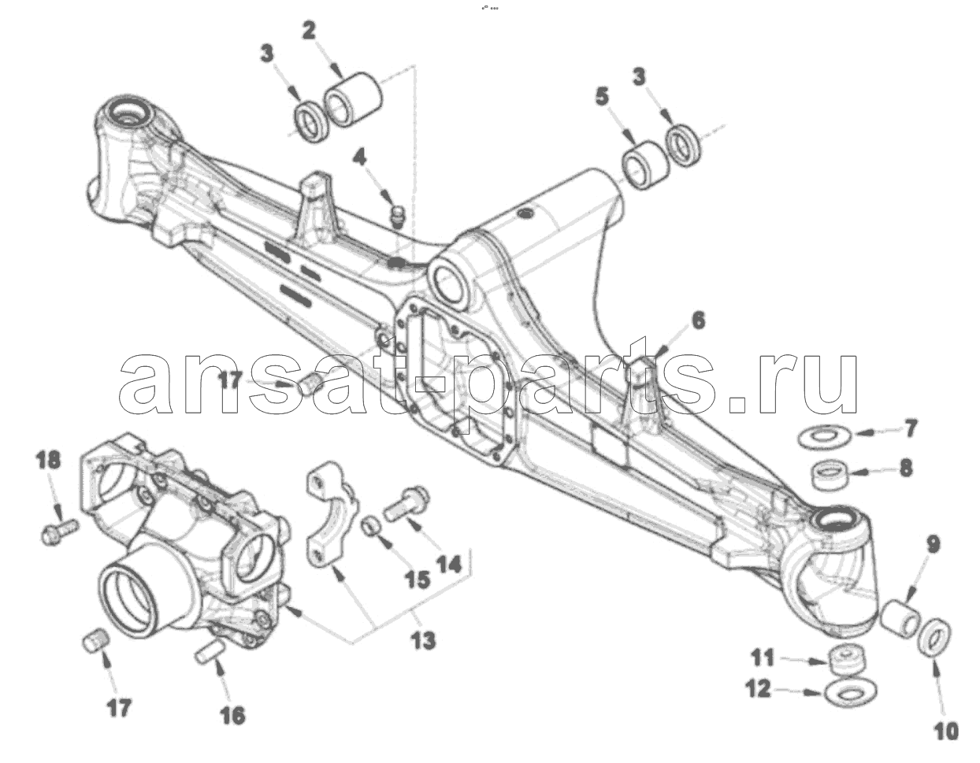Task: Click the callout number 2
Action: click(x=309, y=31)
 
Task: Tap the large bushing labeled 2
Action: click(x=353, y=98)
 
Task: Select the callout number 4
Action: click(x=359, y=157)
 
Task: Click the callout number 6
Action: click(x=698, y=320)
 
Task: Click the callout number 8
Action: click(x=906, y=468)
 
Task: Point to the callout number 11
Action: click(x=763, y=657)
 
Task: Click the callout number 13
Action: click(x=423, y=640)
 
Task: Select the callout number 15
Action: click(x=418, y=580)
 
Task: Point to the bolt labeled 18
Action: click(x=60, y=532)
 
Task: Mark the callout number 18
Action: click(x=49, y=460)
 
